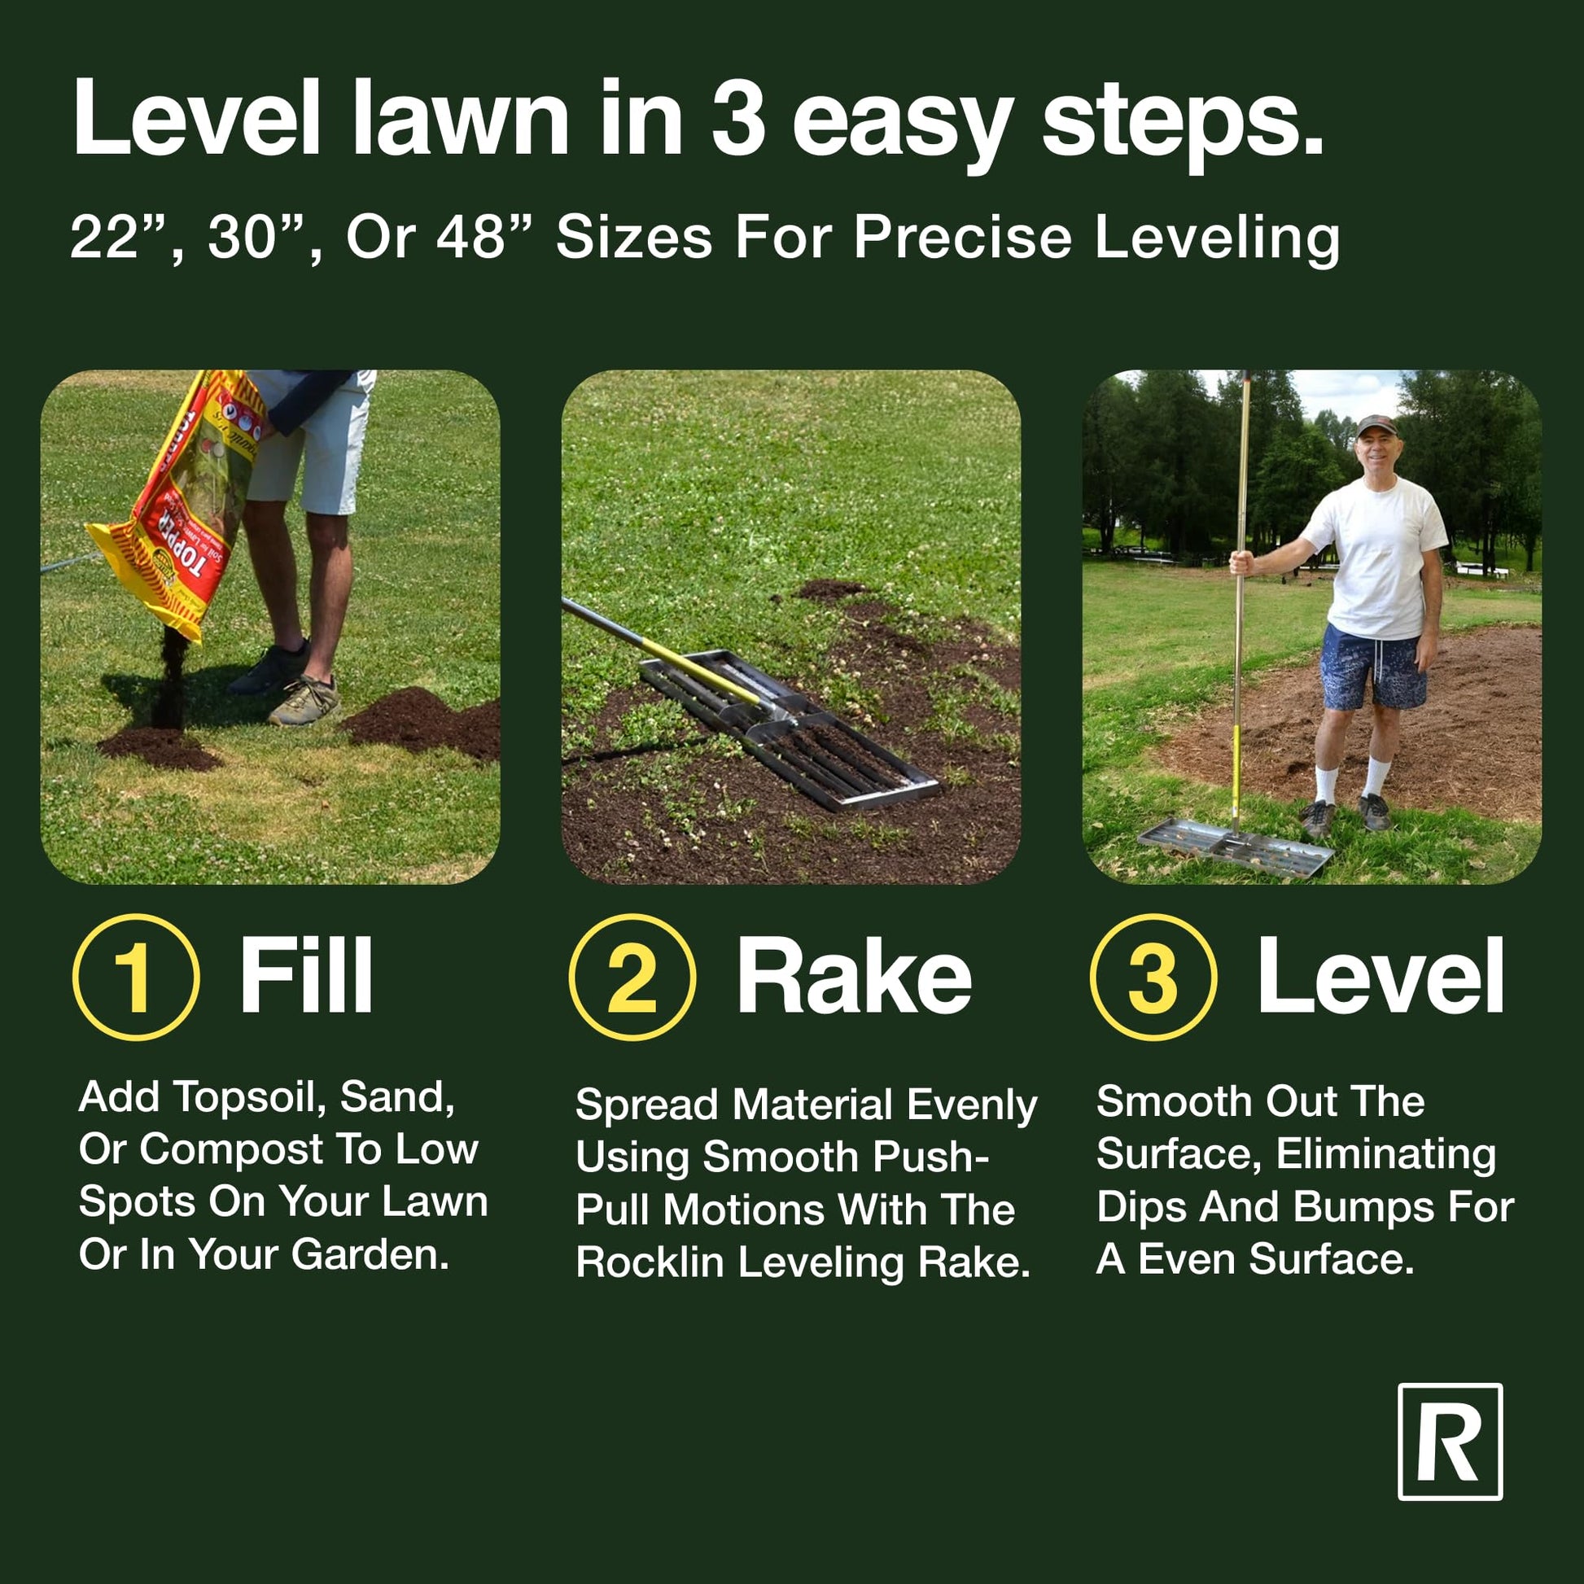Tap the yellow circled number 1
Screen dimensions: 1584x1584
[136, 978]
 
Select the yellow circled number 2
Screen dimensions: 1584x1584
[632, 978]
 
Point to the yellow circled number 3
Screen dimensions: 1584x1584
[1153, 978]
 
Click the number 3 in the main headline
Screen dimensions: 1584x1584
[738, 117]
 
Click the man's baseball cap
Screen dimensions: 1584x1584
[1376, 425]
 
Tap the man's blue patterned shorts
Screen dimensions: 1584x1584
[1372, 666]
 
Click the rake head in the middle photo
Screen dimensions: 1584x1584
[787, 728]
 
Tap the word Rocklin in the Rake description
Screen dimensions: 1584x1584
[650, 1262]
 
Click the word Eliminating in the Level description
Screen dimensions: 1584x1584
[1385, 1153]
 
